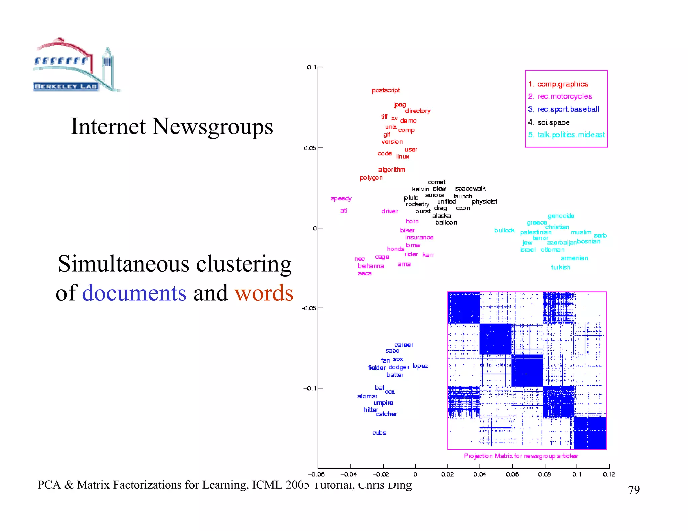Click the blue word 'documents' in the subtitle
pos(134,293)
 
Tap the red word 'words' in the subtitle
pos(264,293)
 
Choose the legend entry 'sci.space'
pos(553,122)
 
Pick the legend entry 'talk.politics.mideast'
pos(570,135)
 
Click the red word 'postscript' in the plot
pos(386,90)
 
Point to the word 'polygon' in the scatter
pos(371,178)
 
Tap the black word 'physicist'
pos(484,202)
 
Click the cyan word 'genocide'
pos(561,216)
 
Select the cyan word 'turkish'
pos(560,267)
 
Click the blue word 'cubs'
pos(379,433)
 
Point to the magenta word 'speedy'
pos(341,198)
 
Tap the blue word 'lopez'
pos(420,366)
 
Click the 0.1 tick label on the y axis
pos(311,67)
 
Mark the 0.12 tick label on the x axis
pos(609,474)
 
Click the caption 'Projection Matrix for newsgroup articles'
pos(521,456)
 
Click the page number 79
pos(634,490)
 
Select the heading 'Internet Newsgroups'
pos(172,127)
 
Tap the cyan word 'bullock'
pos(504,230)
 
